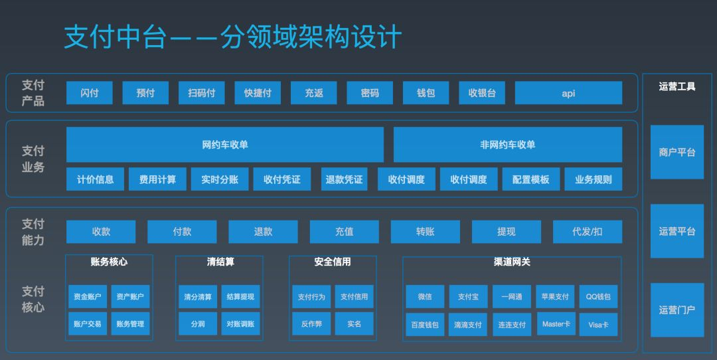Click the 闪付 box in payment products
[89, 93]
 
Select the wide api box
[568, 93]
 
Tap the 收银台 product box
[482, 93]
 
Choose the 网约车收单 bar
[225, 145]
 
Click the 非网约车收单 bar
[508, 145]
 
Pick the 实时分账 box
[220, 179]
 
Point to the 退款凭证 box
[344, 179]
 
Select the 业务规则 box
[593, 179]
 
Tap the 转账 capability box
[426, 232]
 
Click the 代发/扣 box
[587, 232]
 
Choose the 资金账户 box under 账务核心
[88, 296]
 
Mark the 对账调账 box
[240, 324]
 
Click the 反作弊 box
[311, 324]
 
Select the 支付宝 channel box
[468, 296]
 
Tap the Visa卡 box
[598, 324]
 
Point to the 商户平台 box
[677, 152]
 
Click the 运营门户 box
[677, 310]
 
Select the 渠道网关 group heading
[512, 262]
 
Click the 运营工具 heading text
[677, 86]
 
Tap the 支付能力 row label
[33, 232]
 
